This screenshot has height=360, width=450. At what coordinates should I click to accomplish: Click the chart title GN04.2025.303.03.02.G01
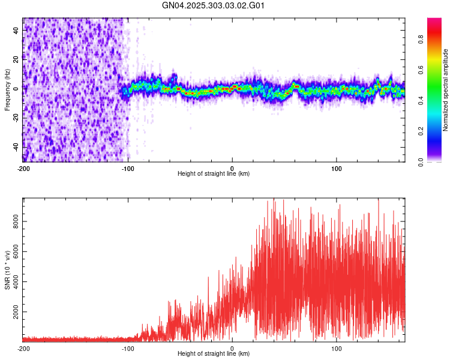[214, 6]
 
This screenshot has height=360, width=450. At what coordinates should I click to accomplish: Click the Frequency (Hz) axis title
[7, 90]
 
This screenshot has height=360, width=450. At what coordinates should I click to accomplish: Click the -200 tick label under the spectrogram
[23, 169]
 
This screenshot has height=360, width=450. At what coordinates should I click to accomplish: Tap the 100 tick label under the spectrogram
[337, 169]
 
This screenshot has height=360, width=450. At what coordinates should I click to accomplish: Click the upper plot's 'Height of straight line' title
[214, 174]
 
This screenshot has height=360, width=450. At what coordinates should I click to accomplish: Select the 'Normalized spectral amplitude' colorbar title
[446, 90]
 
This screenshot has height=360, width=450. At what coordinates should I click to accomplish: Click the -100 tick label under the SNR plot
[128, 349]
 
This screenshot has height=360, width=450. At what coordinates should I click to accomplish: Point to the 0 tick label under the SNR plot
[232, 349]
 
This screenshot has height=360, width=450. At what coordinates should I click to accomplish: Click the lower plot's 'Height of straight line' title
[214, 354]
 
